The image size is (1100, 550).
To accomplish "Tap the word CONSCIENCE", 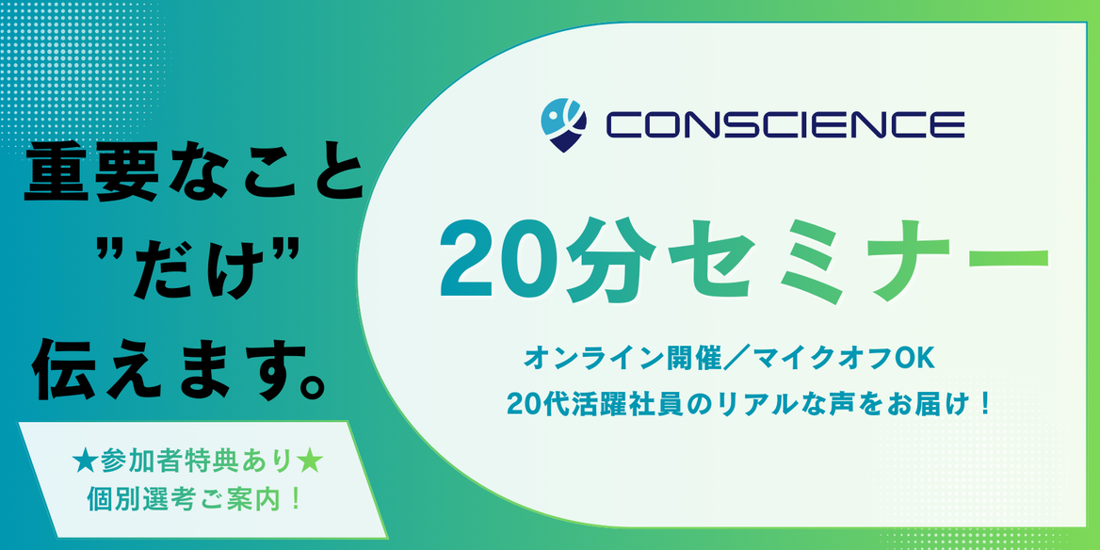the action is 784,125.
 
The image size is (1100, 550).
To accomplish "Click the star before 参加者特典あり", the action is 82,463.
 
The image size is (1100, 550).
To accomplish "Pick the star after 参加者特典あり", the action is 309,463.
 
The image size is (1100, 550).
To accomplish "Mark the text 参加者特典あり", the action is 196,463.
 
